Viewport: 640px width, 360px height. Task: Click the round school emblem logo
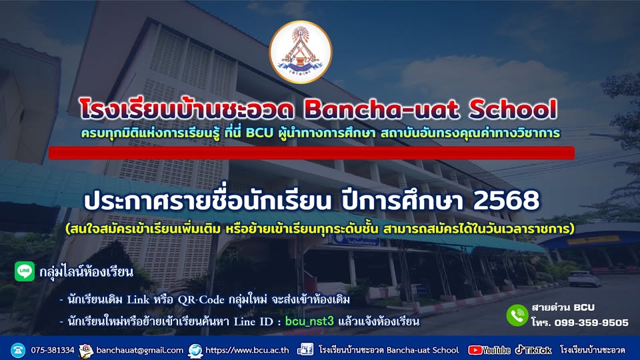coord(301,52)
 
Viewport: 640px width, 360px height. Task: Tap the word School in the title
coord(513,109)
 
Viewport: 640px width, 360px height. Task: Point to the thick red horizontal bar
coord(311,153)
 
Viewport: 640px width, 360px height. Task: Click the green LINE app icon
coord(25,271)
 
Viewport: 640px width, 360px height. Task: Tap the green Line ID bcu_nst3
coord(309,321)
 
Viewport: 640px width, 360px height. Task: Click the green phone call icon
coord(517,315)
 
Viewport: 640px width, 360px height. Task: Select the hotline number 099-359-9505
coord(591,323)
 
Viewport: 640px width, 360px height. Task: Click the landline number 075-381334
coord(53,350)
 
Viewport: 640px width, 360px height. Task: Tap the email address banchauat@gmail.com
coord(139,350)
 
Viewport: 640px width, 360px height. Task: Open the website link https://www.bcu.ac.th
coord(247,350)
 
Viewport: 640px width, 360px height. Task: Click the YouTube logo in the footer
coord(489,350)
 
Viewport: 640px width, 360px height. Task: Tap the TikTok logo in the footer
coord(533,350)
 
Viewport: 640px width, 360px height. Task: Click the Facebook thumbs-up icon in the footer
coord(305,350)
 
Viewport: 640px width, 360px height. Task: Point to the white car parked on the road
coord(584,279)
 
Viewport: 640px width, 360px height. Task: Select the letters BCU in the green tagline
coord(259,133)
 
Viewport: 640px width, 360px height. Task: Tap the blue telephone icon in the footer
coord(18,350)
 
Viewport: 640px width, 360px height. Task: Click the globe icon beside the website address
coord(195,350)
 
